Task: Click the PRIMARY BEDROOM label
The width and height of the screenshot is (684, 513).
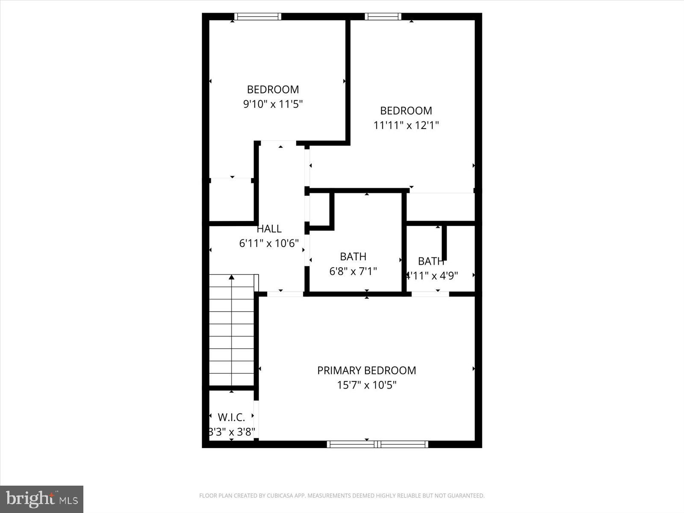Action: [x=366, y=370]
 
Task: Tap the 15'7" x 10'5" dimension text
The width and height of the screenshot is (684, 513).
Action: [x=366, y=385]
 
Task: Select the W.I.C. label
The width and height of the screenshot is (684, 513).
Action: [x=231, y=417]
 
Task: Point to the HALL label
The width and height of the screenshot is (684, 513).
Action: [x=269, y=229]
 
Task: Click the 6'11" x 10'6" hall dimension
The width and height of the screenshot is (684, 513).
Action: [x=269, y=244]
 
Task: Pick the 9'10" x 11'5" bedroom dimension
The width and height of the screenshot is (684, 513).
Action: [x=273, y=104]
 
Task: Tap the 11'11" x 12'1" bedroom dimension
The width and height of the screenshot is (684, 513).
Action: [x=406, y=125]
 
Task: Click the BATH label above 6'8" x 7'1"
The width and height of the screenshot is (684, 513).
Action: [x=353, y=256]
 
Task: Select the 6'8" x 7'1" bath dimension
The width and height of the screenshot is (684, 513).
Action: [x=353, y=271]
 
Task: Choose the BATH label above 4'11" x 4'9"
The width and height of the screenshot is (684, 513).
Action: [x=431, y=261]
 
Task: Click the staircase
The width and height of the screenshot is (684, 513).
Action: [x=231, y=331]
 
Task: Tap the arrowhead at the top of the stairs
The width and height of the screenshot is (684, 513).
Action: [x=231, y=277]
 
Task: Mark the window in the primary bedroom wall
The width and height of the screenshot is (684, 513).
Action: [x=377, y=444]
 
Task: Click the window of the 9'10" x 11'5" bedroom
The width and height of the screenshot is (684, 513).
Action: [x=258, y=17]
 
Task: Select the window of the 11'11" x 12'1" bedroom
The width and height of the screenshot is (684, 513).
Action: [x=383, y=17]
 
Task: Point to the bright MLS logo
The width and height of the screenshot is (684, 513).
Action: [x=41, y=499]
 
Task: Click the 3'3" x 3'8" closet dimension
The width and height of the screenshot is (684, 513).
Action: [x=231, y=432]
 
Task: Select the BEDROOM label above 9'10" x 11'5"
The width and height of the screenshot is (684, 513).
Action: [x=273, y=89]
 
